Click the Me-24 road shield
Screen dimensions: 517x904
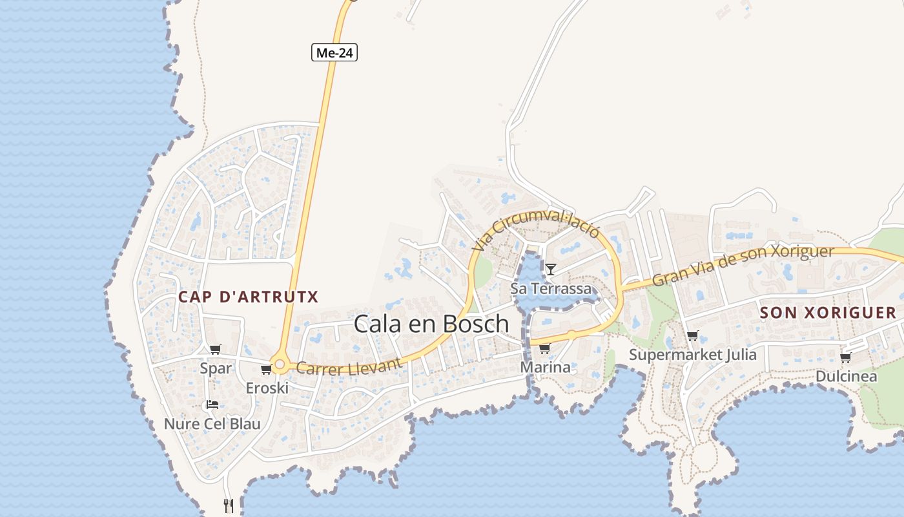334,52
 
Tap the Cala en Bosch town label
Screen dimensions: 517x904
431,324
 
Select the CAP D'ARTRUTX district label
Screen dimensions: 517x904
249,297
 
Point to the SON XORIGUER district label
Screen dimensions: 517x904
828,313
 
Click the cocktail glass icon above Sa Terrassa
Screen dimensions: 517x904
550,269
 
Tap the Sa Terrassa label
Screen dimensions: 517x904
551,288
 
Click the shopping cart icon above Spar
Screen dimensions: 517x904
216,350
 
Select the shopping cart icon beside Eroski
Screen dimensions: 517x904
266,370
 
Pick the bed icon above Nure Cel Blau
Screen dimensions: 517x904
212,405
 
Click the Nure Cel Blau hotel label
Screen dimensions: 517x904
212,424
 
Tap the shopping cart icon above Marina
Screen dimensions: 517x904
544,349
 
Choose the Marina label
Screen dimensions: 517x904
546,368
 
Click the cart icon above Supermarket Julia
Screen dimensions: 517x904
693,335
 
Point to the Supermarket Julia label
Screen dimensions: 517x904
693,355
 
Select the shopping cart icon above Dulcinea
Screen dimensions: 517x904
845,357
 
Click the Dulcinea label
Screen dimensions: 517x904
846,376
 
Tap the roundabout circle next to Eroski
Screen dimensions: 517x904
280,365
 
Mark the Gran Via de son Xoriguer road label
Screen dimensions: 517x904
743,265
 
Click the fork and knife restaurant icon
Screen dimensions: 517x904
228,505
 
